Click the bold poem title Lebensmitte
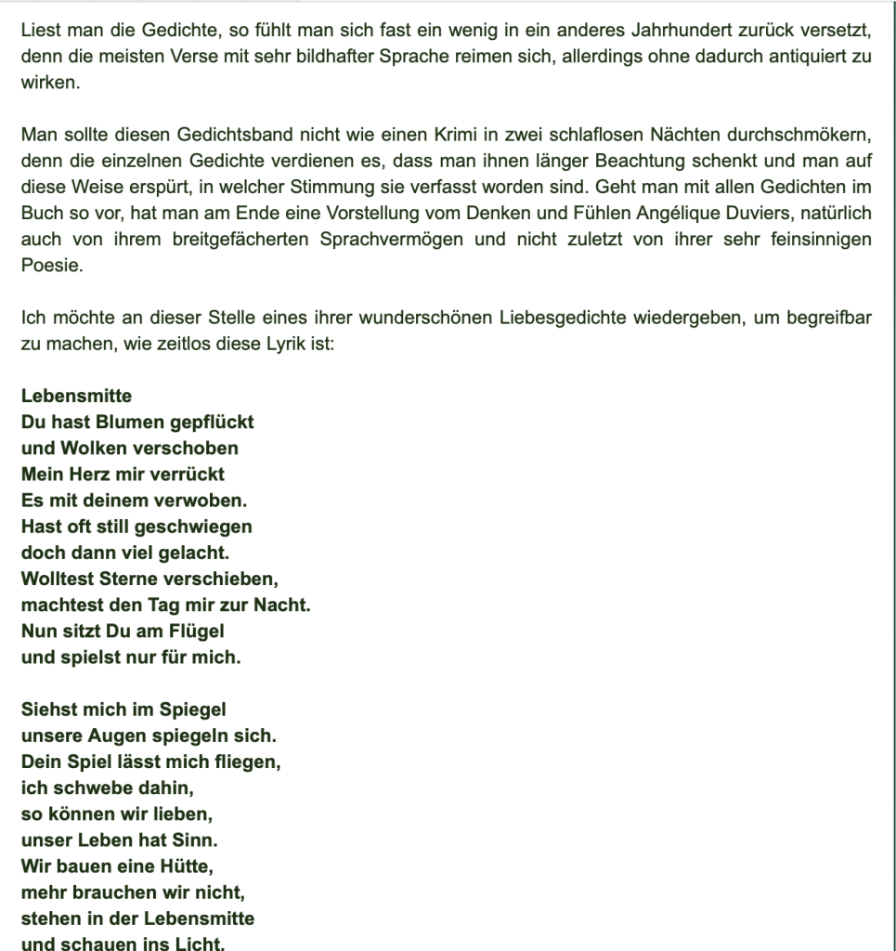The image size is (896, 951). [76, 397]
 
